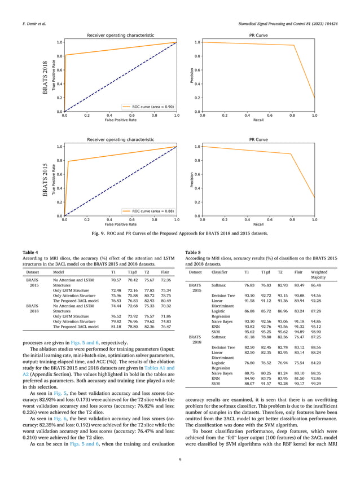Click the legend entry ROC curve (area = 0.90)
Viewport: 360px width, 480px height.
click(x=148, y=106)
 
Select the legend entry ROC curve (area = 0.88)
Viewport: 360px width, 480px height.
click(x=148, y=210)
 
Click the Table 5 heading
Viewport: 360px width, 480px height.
click(x=193, y=252)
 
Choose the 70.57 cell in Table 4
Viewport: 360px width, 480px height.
click(x=116, y=280)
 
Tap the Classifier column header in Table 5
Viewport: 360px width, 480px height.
click(x=220, y=272)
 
